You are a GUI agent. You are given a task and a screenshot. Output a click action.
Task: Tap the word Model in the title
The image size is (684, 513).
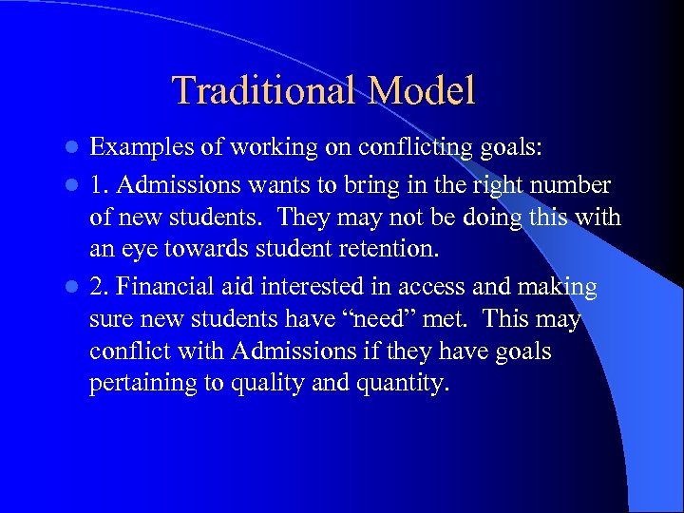pyautogui.click(x=421, y=91)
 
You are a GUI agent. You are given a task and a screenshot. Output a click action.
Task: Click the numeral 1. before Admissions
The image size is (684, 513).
pyautogui.click(x=98, y=182)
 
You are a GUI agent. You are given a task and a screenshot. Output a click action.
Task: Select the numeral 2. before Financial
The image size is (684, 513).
pyautogui.click(x=98, y=287)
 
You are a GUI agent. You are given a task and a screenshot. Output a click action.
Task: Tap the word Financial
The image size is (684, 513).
pyautogui.click(x=164, y=287)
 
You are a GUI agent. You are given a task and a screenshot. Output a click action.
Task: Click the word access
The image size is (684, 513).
pyautogui.click(x=421, y=287)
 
